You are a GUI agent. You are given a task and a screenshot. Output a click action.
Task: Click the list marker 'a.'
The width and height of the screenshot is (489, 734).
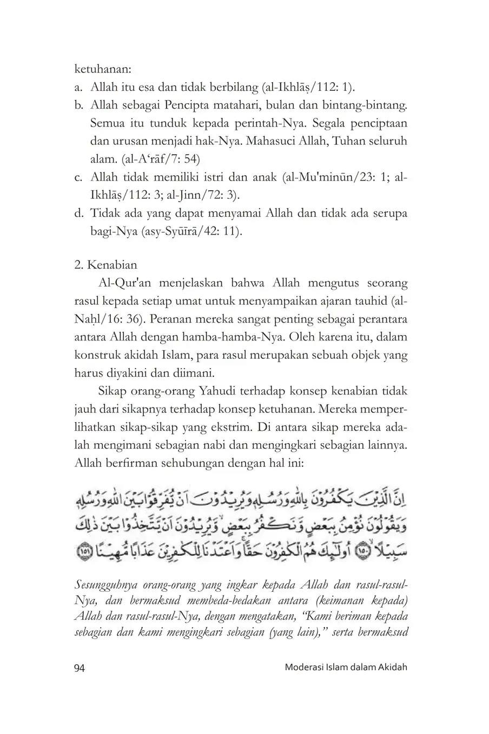pyautogui.click(x=79, y=88)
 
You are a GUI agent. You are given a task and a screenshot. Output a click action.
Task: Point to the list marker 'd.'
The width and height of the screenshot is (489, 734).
pyautogui.click(x=79, y=213)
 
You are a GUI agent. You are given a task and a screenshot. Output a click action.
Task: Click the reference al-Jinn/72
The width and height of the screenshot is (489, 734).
pyautogui.click(x=204, y=195)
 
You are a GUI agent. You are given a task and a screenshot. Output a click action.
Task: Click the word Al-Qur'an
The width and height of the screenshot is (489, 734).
pyautogui.click(x=123, y=283)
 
